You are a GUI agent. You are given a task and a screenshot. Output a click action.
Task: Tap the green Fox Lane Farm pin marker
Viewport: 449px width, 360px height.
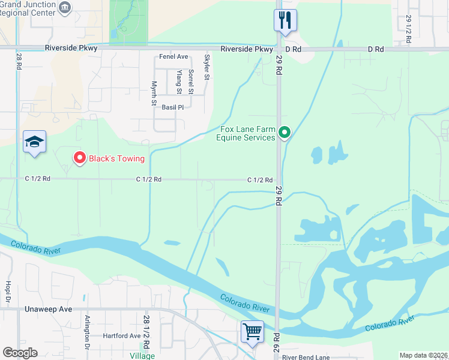coord(285,133)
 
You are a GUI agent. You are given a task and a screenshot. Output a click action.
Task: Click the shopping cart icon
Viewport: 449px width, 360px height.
coord(252,331)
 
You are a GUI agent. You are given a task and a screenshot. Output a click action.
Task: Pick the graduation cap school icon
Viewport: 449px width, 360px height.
coord(34,142)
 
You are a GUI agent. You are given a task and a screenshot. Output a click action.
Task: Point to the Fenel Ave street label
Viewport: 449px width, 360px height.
coord(174,56)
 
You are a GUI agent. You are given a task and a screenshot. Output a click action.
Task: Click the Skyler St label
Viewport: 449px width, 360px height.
coord(207,67)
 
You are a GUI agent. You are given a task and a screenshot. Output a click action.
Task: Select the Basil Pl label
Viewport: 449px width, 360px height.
coord(172,107)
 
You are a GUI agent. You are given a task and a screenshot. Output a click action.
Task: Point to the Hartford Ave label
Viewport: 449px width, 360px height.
coord(121,335)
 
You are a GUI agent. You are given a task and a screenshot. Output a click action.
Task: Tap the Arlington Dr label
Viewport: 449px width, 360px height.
coord(88,332)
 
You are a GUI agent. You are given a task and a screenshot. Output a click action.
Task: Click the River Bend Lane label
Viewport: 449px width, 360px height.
coord(306,356)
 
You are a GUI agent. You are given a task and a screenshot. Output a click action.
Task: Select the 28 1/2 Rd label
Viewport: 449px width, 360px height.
coord(146,328)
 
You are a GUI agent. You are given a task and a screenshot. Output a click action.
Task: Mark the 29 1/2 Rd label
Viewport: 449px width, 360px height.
coord(408,28)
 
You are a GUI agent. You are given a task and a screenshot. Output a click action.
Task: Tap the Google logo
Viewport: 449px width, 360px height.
coord(20,353)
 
